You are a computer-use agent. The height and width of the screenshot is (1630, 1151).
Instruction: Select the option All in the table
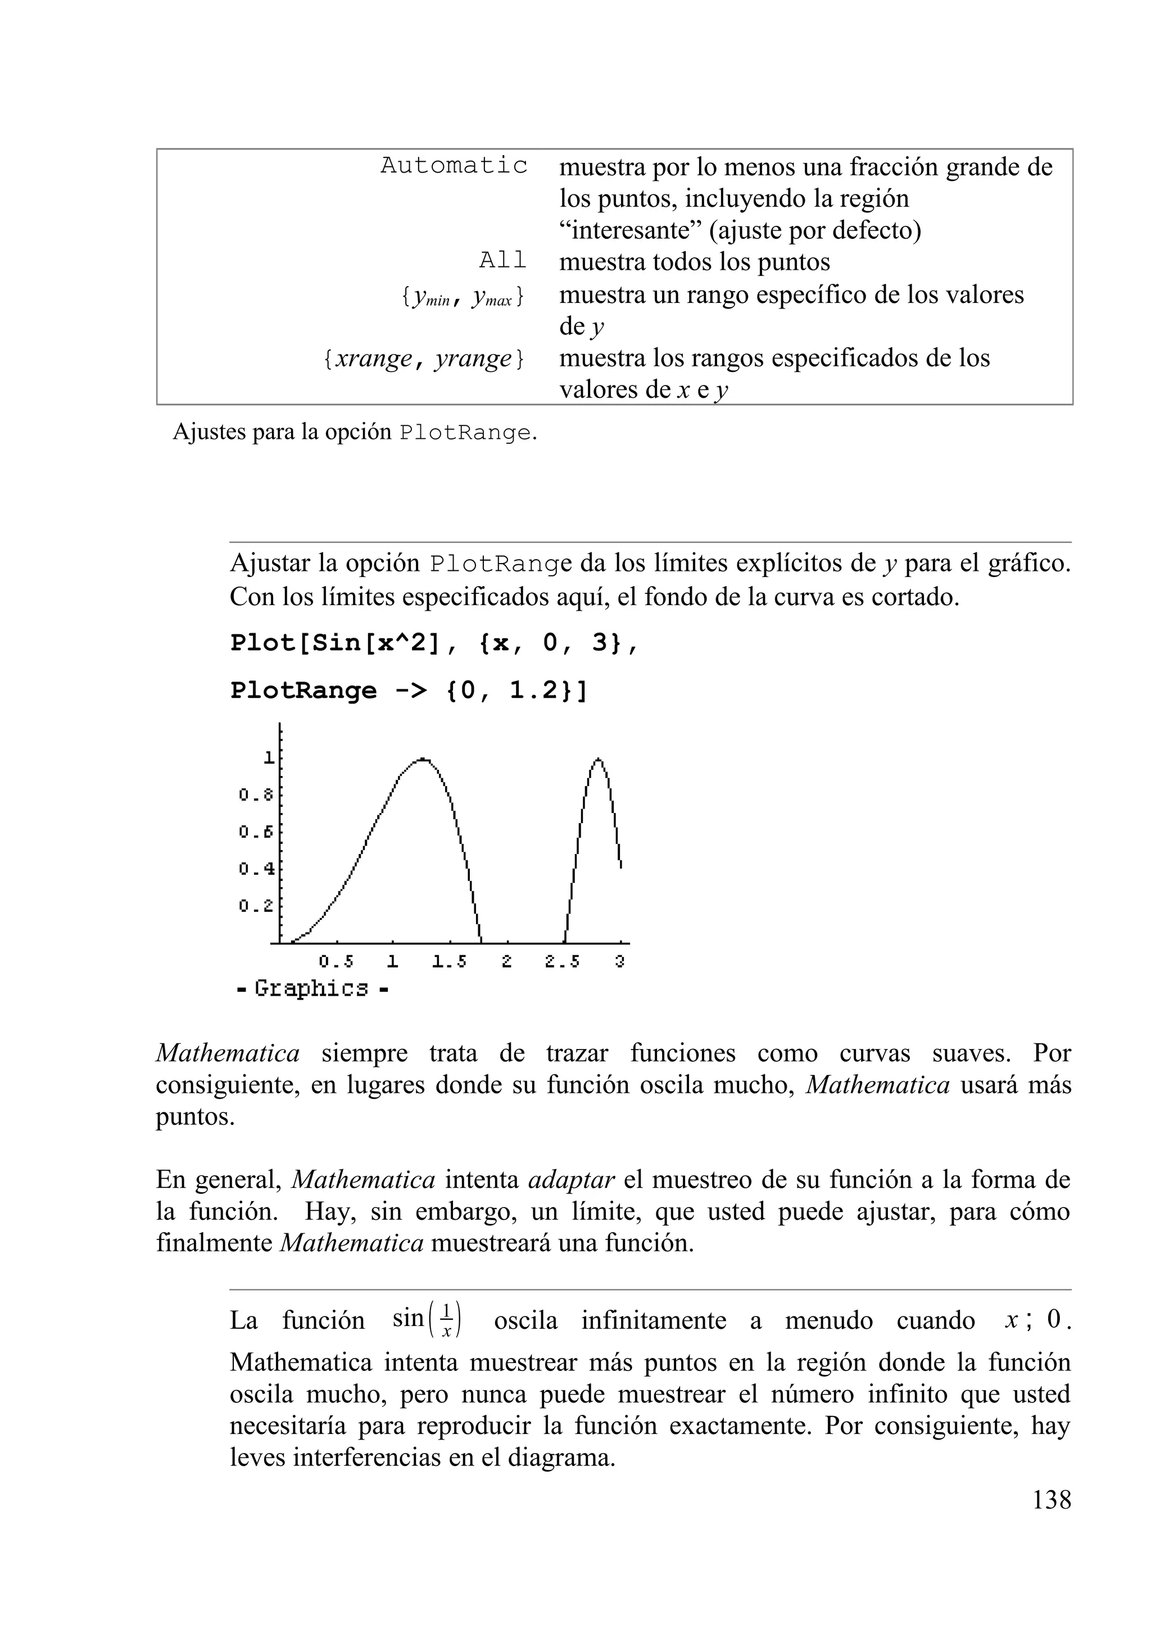pos(502,261)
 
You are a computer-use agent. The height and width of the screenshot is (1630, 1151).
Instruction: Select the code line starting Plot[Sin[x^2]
pos(434,642)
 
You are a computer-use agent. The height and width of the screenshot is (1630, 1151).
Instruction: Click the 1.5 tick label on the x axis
pos(450,962)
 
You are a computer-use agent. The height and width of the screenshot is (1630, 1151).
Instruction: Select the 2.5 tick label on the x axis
pos(563,962)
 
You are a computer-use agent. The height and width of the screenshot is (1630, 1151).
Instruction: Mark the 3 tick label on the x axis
pos(620,962)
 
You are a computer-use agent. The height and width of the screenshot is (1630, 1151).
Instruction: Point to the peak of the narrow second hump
pos(599,760)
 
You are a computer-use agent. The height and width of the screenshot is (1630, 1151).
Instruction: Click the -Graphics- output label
pos(312,988)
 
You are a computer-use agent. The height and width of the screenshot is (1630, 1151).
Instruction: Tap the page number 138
pos(1051,1500)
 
